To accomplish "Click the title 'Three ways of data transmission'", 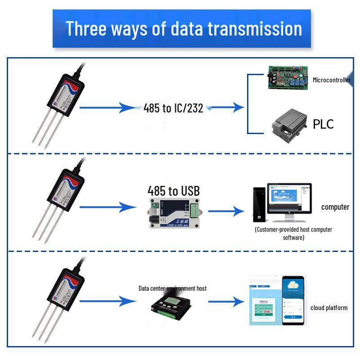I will (x=184, y=28).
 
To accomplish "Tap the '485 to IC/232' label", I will (x=173, y=108).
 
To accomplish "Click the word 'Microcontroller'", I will (x=332, y=80).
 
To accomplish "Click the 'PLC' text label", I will (x=323, y=124).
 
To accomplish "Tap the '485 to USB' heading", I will (x=173, y=191).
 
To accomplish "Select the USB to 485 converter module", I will (x=173, y=211).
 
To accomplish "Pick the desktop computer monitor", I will (x=288, y=201).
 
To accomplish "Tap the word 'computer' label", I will (x=335, y=207).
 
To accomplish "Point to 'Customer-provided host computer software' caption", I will (x=293, y=233).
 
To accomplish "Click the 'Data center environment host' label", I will (x=172, y=288).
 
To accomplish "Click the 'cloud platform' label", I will (x=328, y=308).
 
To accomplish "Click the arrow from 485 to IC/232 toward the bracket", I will (x=227, y=108).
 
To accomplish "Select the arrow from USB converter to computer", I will (x=227, y=211).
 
